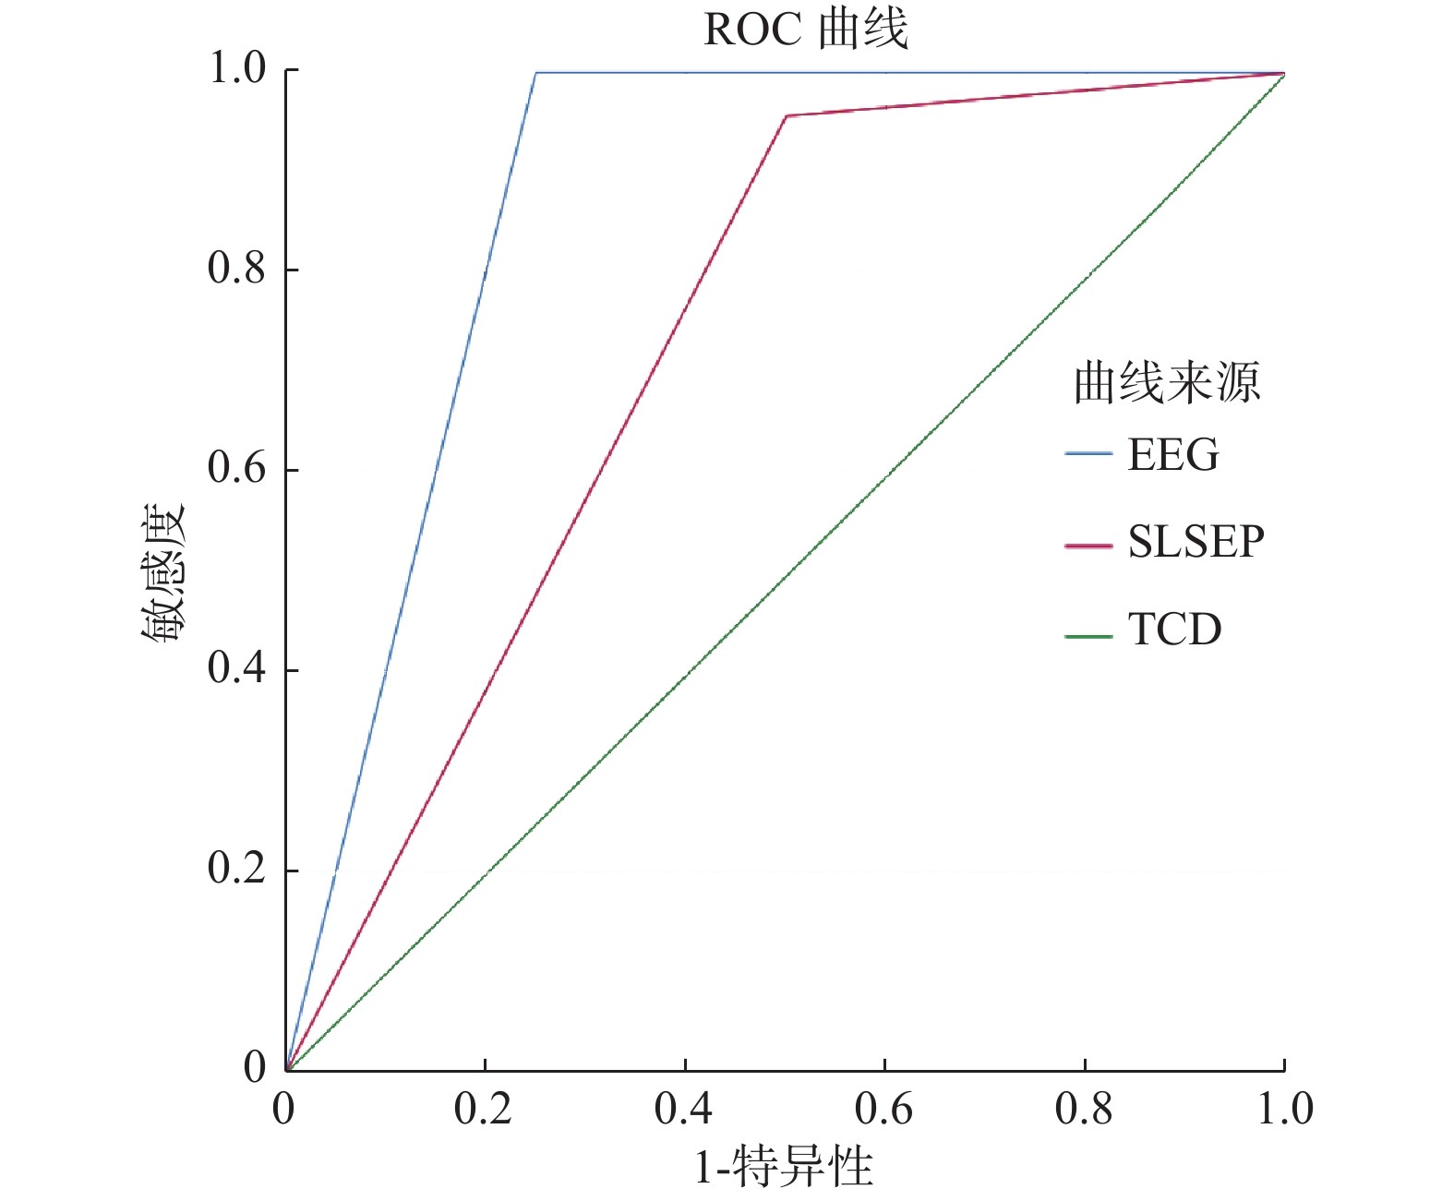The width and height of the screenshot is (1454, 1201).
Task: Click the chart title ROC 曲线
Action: (x=805, y=30)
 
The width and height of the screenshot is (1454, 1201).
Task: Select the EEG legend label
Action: (x=1172, y=455)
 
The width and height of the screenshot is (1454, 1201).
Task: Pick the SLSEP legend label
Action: (x=1196, y=541)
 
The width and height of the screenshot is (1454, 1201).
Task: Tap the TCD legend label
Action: (x=1174, y=630)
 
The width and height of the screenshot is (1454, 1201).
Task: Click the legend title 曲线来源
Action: (x=1166, y=382)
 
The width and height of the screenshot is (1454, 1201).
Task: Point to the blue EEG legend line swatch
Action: (x=1088, y=454)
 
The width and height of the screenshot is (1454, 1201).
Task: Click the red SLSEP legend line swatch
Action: (x=1088, y=546)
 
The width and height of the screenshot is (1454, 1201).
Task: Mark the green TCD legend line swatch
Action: (x=1088, y=636)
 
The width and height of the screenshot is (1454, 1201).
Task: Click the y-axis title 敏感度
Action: (x=164, y=573)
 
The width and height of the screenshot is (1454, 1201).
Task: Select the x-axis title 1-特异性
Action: (x=783, y=1168)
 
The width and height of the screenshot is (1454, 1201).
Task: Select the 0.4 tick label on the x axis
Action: (x=683, y=1109)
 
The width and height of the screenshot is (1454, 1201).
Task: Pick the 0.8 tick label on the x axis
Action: (x=1084, y=1109)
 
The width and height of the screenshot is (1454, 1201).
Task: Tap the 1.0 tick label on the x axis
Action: (x=1284, y=1109)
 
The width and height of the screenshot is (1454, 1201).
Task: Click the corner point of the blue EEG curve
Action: (x=536, y=72)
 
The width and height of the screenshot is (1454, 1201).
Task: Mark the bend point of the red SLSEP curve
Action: (x=786, y=116)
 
